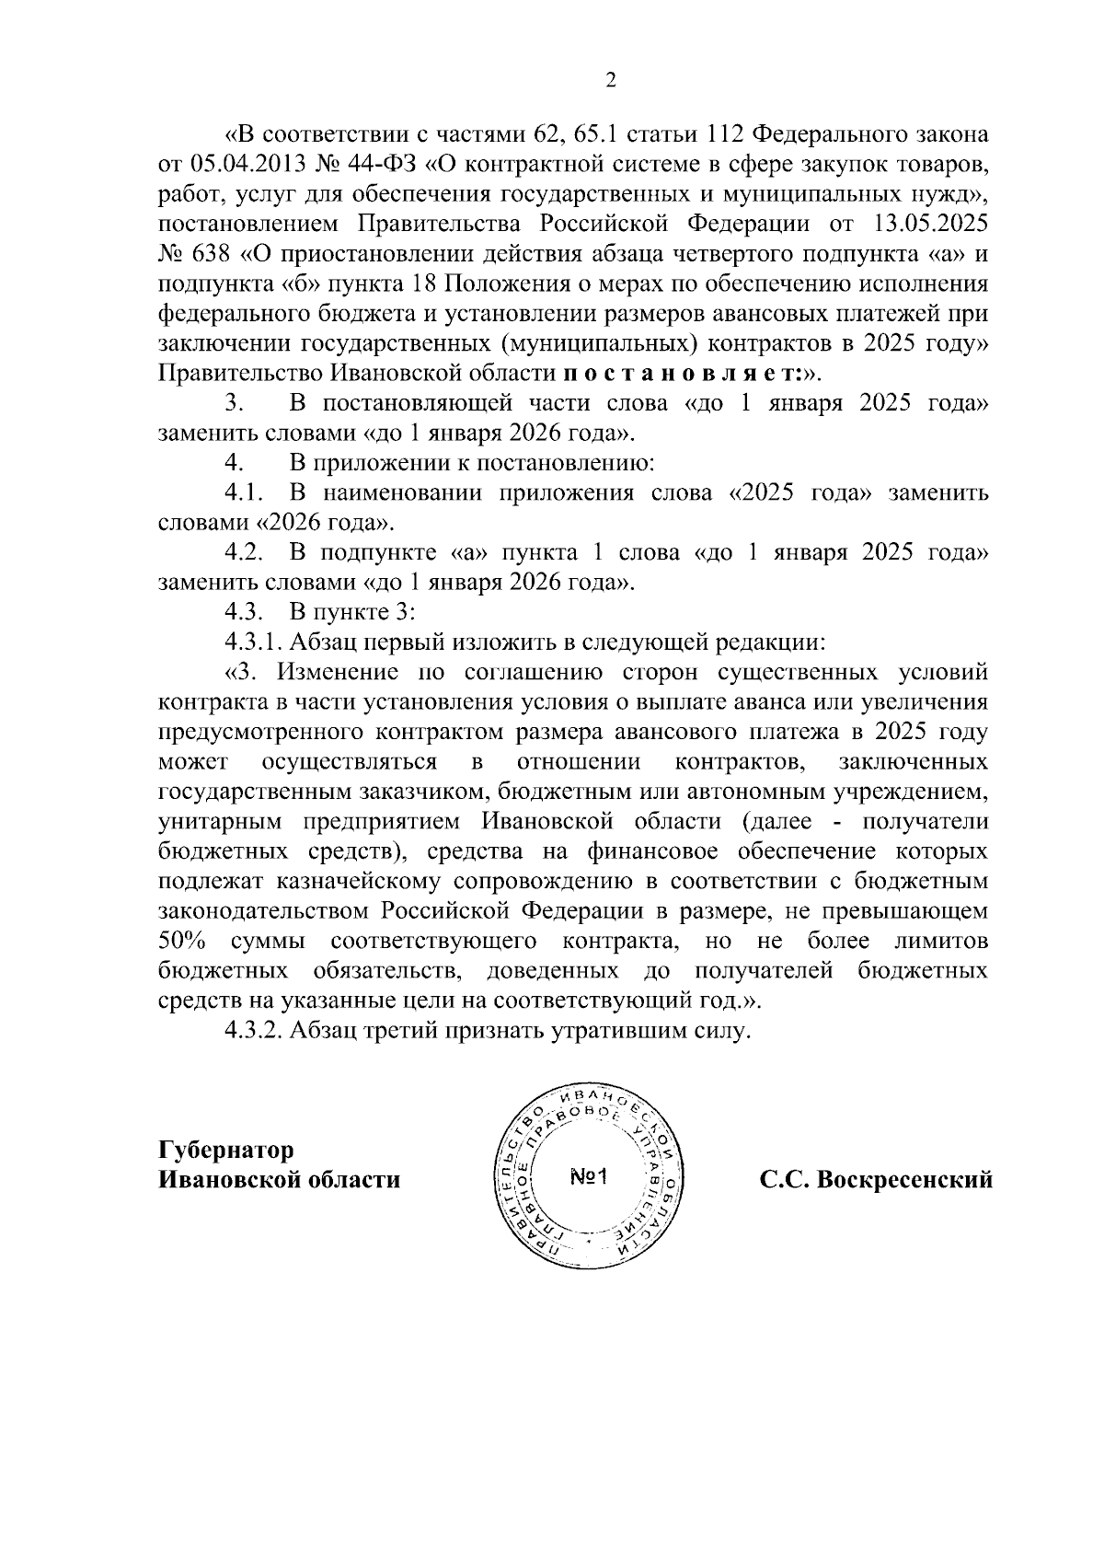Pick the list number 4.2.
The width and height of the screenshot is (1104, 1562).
(245, 553)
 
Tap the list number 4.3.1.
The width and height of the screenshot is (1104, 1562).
(255, 642)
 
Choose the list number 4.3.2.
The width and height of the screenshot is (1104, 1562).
(255, 1031)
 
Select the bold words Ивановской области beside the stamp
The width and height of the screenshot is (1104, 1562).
(280, 1180)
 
